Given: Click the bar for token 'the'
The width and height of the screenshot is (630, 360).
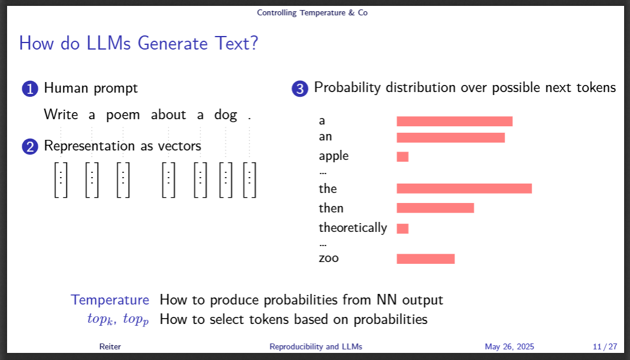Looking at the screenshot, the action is point(464,188).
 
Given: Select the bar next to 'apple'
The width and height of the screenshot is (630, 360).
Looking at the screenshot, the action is point(402,157).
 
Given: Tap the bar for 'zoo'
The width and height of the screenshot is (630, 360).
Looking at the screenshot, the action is point(425,258).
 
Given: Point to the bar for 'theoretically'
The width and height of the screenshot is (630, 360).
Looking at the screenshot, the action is point(402,228).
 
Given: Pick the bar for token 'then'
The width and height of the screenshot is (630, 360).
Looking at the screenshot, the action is point(435,208).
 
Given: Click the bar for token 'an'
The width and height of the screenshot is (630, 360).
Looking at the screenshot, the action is point(451,138).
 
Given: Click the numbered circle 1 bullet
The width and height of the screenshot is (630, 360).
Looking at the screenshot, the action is point(29,89).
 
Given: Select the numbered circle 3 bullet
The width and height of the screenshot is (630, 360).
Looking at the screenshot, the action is point(300,89).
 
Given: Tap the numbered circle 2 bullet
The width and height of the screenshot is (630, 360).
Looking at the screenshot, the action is point(29,146).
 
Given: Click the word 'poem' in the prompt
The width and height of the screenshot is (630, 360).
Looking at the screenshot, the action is point(123,115).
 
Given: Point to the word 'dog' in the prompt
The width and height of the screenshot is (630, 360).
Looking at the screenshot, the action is point(225,115).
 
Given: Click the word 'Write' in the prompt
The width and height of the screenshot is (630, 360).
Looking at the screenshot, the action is point(61,114).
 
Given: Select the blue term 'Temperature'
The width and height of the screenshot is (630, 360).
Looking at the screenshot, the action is point(110,300).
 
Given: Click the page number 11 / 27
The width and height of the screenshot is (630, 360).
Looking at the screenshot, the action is point(605,346).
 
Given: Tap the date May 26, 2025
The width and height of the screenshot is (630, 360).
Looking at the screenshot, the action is point(510,346).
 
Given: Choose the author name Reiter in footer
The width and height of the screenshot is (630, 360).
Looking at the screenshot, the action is point(110,346).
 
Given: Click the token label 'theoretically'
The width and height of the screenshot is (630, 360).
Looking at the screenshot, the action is point(353,228).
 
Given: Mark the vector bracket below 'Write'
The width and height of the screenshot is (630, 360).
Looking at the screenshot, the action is point(61,179).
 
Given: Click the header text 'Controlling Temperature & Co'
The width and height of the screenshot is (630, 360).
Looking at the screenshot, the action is point(312,13).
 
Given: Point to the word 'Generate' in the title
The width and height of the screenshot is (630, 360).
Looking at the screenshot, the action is point(173,43).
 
